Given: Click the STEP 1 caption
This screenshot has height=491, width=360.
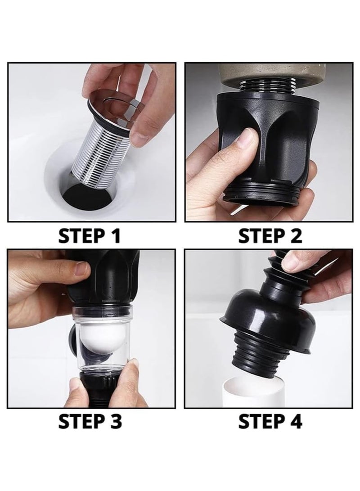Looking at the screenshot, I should click(x=90, y=235).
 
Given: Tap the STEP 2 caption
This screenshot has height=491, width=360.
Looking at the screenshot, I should click(x=270, y=235).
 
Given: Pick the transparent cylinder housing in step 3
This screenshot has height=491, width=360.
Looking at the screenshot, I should click(x=103, y=338).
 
